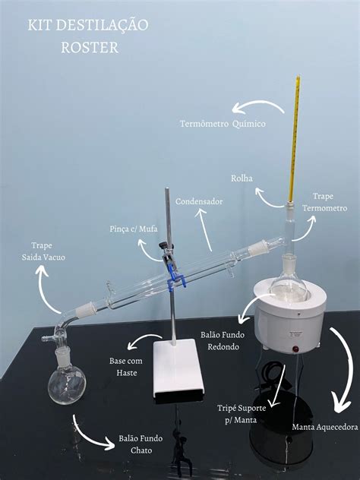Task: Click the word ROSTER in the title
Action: (90, 47)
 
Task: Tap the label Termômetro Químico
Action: (223, 124)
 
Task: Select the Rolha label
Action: (242, 178)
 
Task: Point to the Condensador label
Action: (199, 202)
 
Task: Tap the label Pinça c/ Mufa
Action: (134, 229)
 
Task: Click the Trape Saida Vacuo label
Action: (43, 251)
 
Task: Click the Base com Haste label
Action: (126, 367)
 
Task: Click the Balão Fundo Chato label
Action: (141, 444)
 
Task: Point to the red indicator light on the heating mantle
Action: (296, 349)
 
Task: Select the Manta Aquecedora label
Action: (325, 427)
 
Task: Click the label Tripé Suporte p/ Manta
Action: (242, 414)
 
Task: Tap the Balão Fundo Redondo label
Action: (223, 341)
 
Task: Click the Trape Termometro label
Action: (324, 202)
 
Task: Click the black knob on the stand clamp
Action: (162, 245)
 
